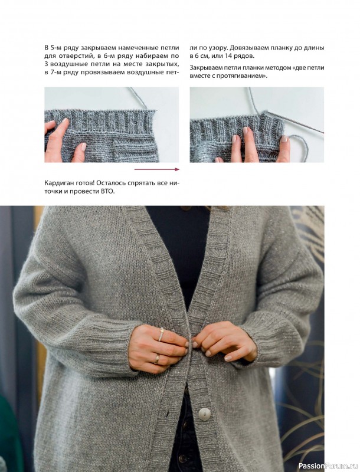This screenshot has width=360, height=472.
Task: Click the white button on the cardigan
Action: click(x=204, y=414)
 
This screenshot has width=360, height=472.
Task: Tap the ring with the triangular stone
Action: click(x=161, y=334)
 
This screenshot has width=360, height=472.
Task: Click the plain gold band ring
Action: click(x=156, y=359)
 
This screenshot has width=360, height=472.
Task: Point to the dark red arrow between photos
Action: click(x=156, y=169)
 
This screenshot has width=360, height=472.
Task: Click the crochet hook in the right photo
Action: click(x=293, y=122)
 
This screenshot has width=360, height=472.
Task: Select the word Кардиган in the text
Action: click(x=58, y=183)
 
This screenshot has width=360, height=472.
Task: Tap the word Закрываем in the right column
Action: click(x=206, y=68)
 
